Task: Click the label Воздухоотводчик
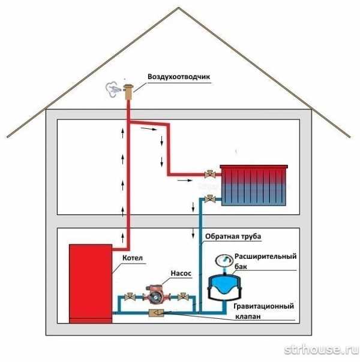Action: [x=179, y=77]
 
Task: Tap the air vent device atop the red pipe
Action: [x=128, y=92]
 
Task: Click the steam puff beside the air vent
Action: [x=113, y=89]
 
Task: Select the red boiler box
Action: [x=91, y=283]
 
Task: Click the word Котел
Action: [x=133, y=258]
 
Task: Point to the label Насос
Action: [x=181, y=273]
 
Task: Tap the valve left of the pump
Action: [x=130, y=297]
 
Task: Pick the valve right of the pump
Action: [x=183, y=297]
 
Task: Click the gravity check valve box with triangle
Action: [x=157, y=313]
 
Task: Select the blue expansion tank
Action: [x=224, y=287]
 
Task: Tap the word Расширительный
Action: [x=265, y=257]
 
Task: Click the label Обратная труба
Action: [x=233, y=236]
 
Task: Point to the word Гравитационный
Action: [x=263, y=306]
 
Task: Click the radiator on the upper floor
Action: [x=254, y=185]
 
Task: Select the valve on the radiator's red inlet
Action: [x=210, y=174]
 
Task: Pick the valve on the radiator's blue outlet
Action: [x=210, y=198]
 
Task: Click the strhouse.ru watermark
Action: [x=321, y=349]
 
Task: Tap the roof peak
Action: [x=178, y=8]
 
